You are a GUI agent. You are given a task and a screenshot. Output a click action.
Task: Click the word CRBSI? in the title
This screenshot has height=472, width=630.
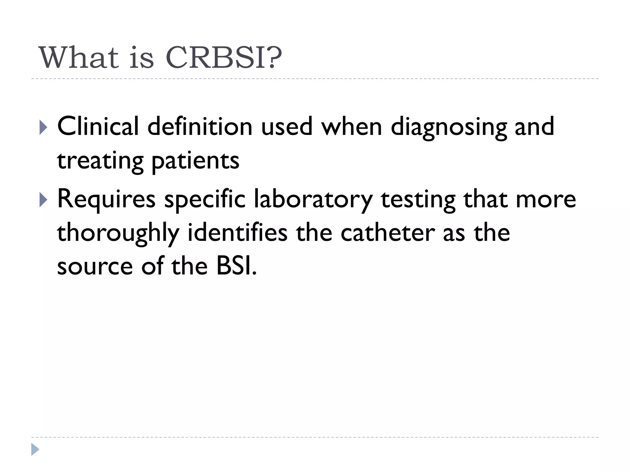click(224, 58)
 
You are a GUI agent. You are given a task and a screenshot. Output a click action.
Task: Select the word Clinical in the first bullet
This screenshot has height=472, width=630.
click(98, 126)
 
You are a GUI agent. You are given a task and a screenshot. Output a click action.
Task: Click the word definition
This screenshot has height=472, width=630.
click(200, 126)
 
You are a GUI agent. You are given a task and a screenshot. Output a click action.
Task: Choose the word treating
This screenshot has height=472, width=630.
click(100, 161)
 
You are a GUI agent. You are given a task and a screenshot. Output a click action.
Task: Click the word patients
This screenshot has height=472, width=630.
click(195, 161)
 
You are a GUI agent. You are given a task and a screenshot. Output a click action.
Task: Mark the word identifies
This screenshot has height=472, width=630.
click(237, 233)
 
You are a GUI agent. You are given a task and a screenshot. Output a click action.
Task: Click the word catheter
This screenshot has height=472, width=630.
click(387, 233)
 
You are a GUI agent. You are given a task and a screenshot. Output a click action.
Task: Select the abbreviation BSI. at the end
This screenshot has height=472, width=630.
click(236, 266)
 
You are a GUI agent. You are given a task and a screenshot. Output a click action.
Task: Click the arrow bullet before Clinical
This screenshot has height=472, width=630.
click(43, 127)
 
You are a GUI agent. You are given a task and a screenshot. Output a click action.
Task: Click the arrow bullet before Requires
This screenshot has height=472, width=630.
click(43, 200)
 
